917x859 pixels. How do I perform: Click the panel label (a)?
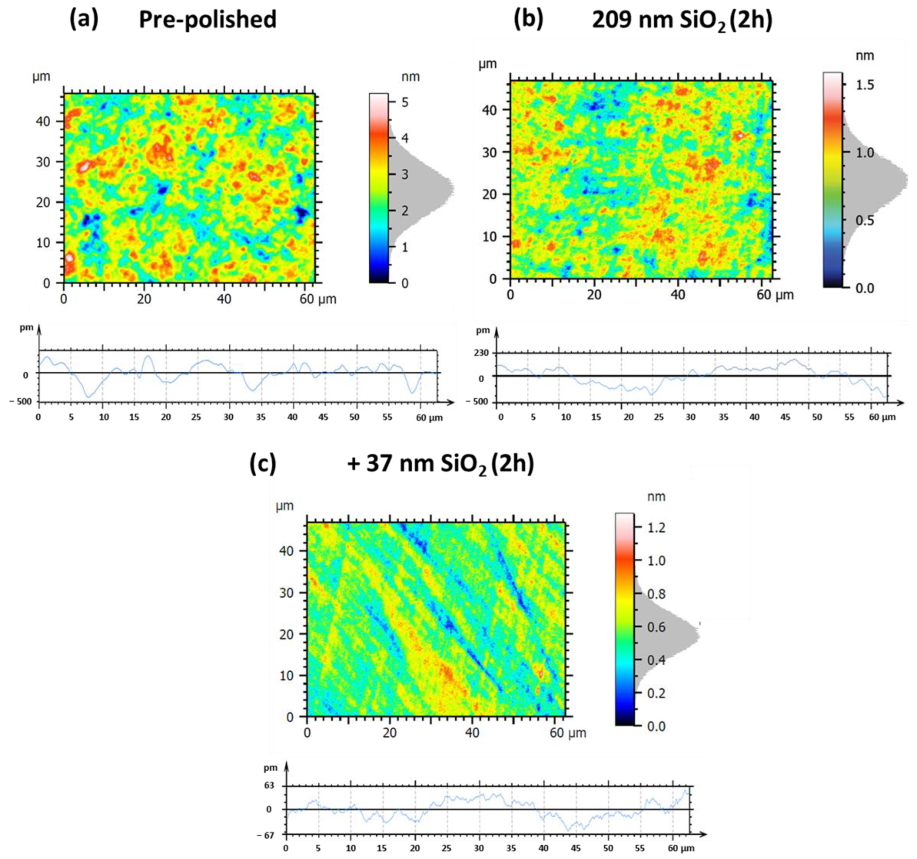click(x=83, y=19)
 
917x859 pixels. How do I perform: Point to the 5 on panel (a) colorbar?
click(x=405, y=102)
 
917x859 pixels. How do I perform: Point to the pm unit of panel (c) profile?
click(x=271, y=768)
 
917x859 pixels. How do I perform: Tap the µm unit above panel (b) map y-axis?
click(x=488, y=64)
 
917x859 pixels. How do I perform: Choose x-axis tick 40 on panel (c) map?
click(x=472, y=733)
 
